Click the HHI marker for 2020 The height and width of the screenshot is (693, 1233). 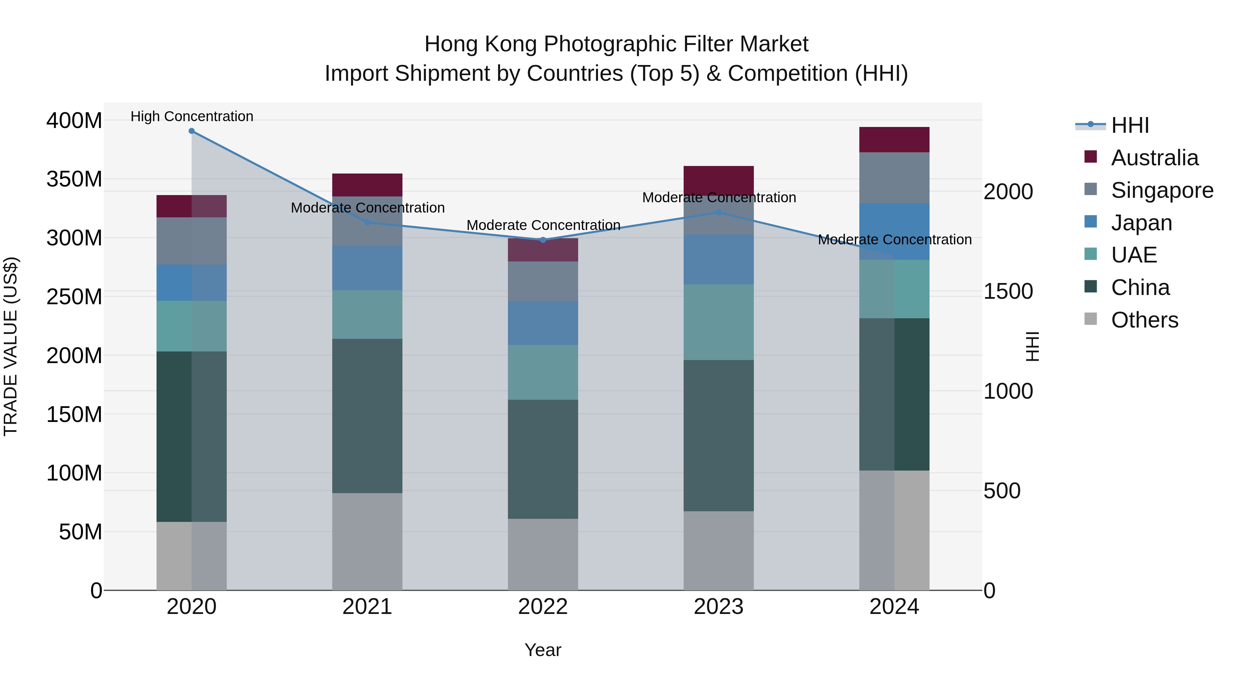tap(191, 131)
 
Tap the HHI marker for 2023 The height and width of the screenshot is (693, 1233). tap(719, 212)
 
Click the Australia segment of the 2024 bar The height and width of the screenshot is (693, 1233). tap(894, 140)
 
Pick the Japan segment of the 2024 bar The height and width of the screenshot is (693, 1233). tap(894, 231)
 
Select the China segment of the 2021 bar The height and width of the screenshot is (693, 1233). tap(367, 416)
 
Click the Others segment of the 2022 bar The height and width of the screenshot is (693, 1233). tap(543, 555)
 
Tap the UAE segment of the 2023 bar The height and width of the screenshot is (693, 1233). tap(719, 322)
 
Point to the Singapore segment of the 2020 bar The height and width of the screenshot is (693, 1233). tap(191, 241)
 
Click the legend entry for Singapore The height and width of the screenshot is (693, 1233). tap(1162, 190)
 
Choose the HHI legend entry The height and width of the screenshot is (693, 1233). tap(1130, 125)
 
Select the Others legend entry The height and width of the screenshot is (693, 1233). tap(1144, 320)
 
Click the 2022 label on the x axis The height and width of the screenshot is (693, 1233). tap(543, 607)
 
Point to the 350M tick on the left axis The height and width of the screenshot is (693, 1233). tap(74, 179)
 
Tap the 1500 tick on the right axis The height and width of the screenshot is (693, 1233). tap(1008, 291)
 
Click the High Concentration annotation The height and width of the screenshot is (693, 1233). tap(192, 116)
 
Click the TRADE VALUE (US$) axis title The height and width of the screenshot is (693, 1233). tap(11, 347)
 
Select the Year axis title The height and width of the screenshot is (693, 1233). tap(543, 650)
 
